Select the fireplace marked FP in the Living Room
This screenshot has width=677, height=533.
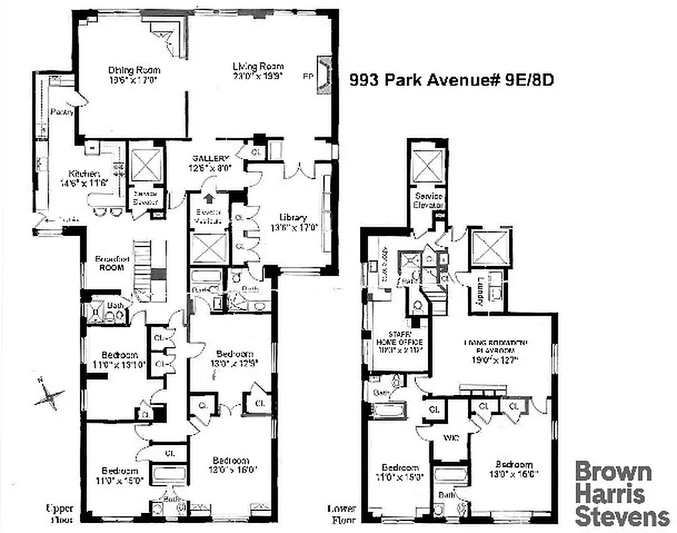click(x=323, y=76)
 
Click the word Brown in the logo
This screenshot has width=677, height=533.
click(x=613, y=472)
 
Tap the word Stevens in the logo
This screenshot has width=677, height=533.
click(x=622, y=516)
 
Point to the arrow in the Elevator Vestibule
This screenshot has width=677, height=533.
click(x=210, y=198)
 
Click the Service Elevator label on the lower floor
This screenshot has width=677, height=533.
click(x=429, y=201)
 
